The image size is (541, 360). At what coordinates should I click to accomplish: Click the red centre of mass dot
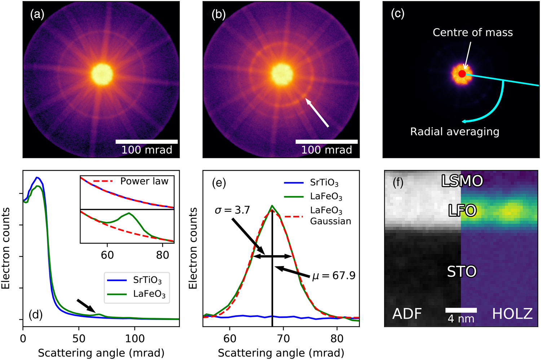[462, 74]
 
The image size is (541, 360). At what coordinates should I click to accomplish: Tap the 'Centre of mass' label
[472, 32]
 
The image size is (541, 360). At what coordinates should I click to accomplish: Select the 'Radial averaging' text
[455, 132]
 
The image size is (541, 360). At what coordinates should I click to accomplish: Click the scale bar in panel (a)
[146, 142]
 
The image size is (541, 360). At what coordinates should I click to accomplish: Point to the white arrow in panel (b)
[317, 112]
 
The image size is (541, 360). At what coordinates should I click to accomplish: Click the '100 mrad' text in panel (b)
[326, 150]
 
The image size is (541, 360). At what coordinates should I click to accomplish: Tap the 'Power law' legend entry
[131, 181]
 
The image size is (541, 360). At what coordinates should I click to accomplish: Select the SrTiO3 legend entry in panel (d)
[135, 280]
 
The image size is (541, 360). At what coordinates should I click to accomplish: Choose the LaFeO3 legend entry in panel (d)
[136, 294]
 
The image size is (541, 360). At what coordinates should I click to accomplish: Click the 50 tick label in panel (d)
[79, 339]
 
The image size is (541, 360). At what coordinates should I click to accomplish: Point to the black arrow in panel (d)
[86, 306]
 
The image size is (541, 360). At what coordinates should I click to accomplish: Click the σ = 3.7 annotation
[232, 210]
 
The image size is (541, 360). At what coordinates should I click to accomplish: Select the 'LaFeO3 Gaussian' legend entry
[318, 216]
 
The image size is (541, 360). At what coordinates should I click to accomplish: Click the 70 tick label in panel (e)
[283, 339]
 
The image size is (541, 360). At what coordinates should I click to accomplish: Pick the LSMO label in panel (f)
[462, 181]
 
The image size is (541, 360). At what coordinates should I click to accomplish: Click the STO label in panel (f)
[462, 271]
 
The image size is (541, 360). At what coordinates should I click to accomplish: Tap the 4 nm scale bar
[461, 310]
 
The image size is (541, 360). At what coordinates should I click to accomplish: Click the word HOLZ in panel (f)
[513, 314]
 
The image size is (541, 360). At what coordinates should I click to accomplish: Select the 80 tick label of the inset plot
[162, 255]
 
